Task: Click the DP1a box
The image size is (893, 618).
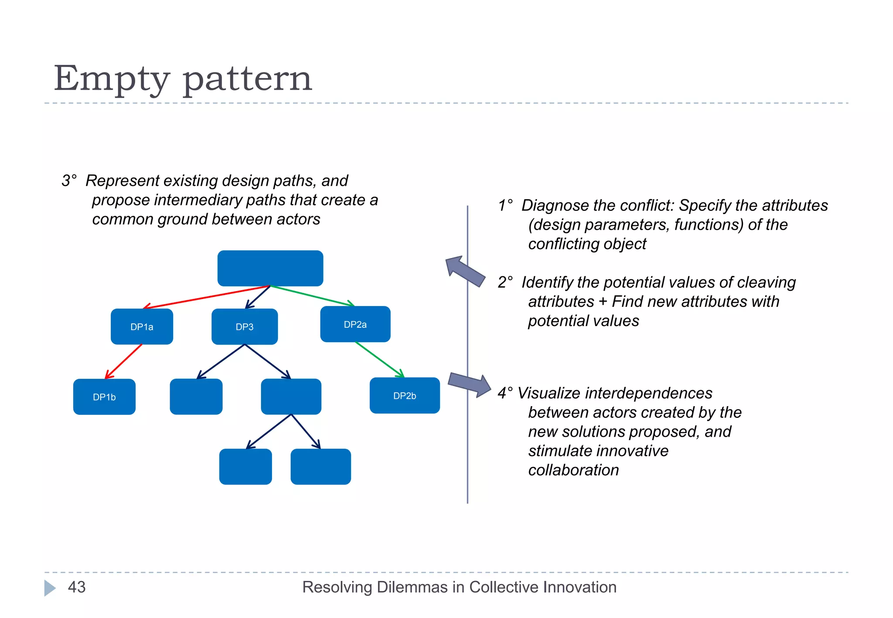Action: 142,327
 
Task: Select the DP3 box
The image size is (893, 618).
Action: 245,327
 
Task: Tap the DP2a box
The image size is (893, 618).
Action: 355,324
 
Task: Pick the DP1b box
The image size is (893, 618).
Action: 104,397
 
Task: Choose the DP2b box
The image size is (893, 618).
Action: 405,396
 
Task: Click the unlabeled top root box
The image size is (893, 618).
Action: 270,268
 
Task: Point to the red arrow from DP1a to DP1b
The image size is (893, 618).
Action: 124,361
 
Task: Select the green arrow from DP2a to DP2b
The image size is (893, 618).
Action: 379,359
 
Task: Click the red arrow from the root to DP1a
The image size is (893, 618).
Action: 207,297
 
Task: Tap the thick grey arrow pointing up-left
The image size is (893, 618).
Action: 465,271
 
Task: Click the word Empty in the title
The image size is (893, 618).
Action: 112,79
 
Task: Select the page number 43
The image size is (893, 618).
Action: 77,587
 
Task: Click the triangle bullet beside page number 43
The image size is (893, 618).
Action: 49,587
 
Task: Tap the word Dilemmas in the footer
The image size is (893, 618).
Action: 412,587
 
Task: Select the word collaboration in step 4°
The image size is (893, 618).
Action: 573,470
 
